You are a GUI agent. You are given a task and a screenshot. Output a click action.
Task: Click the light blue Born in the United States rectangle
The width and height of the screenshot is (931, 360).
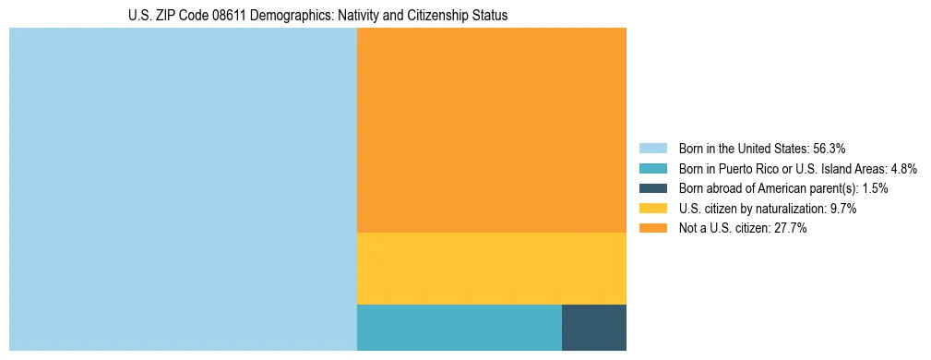click(x=183, y=189)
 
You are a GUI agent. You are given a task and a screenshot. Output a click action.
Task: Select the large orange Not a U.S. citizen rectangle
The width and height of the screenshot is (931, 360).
click(x=491, y=130)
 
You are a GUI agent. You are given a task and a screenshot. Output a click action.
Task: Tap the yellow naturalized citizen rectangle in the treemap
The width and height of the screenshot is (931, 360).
click(x=491, y=269)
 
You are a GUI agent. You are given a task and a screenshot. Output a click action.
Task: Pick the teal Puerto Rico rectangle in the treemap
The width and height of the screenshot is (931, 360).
click(x=459, y=327)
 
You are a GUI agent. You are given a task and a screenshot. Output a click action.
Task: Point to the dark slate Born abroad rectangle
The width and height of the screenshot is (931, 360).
click(x=593, y=327)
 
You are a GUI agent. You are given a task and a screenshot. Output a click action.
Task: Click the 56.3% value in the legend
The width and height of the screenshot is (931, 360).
click(x=829, y=149)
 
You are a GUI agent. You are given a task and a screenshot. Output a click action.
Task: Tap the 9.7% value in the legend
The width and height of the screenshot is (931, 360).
click(x=842, y=209)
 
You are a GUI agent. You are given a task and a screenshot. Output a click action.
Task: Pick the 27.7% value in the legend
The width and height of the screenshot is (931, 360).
click(x=791, y=229)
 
